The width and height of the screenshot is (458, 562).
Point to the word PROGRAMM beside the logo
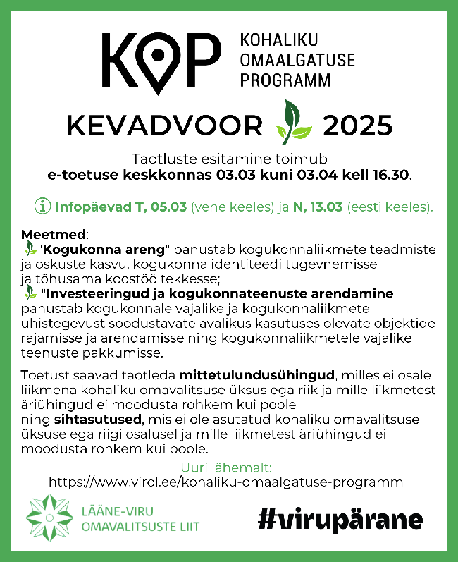pos(285,80)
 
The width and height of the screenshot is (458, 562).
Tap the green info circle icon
pos(43,207)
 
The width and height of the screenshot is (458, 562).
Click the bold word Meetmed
pos(47,233)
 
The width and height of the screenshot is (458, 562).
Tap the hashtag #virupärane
pos(340,520)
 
